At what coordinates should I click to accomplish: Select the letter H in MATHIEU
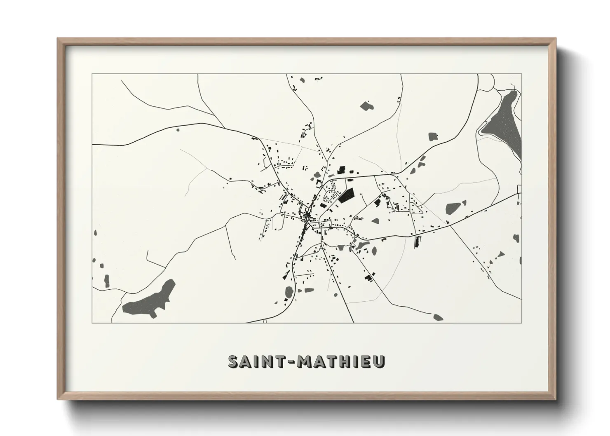click(345, 361)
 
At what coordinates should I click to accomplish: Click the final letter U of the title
click(380, 361)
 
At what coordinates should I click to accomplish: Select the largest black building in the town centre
click(347, 195)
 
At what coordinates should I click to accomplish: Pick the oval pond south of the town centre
click(289, 293)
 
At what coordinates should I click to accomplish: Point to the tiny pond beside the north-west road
click(178, 130)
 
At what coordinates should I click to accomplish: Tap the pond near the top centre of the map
click(366, 106)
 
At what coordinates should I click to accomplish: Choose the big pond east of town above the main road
click(453, 208)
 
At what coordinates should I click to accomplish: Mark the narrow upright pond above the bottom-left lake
click(107, 281)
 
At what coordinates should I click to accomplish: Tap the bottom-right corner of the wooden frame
click(555, 399)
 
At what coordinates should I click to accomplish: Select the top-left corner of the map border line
click(92, 74)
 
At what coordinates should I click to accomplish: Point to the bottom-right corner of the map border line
click(522, 323)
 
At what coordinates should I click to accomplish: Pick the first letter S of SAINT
click(234, 361)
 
